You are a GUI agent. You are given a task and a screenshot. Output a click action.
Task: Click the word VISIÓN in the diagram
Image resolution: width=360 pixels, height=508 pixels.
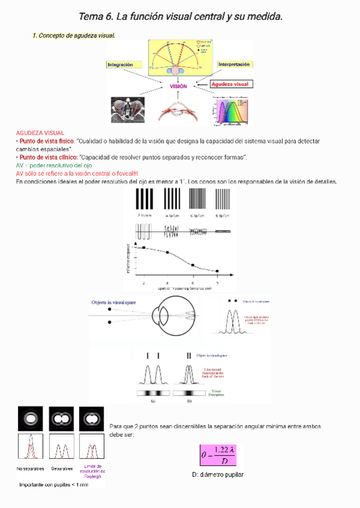pyautogui.click(x=179, y=86)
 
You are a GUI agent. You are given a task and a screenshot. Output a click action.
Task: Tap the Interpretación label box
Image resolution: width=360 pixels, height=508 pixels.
pyautogui.click(x=234, y=64)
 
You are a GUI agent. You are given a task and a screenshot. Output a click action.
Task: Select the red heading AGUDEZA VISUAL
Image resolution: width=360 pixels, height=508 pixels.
pyautogui.click(x=40, y=132)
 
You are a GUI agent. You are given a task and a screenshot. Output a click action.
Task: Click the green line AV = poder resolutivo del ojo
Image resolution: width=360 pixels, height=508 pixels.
pyautogui.click(x=54, y=165)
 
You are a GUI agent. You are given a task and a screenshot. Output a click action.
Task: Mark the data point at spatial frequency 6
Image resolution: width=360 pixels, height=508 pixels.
pyautogui.click(x=192, y=264)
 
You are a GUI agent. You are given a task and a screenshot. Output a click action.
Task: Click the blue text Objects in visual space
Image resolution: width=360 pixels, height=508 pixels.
pyautogui.click(x=114, y=303)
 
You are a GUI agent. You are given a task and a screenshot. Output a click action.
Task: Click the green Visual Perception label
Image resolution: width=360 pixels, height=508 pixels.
pyautogui.click(x=216, y=392)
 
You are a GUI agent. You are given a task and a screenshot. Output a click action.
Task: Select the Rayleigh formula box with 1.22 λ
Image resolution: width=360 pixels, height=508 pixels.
pyautogui.click(x=218, y=456)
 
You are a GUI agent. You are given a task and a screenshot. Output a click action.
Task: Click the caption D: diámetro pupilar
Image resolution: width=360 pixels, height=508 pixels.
pyautogui.click(x=217, y=474)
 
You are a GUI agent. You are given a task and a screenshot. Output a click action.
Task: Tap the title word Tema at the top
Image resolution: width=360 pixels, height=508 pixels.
pyautogui.click(x=90, y=17)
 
